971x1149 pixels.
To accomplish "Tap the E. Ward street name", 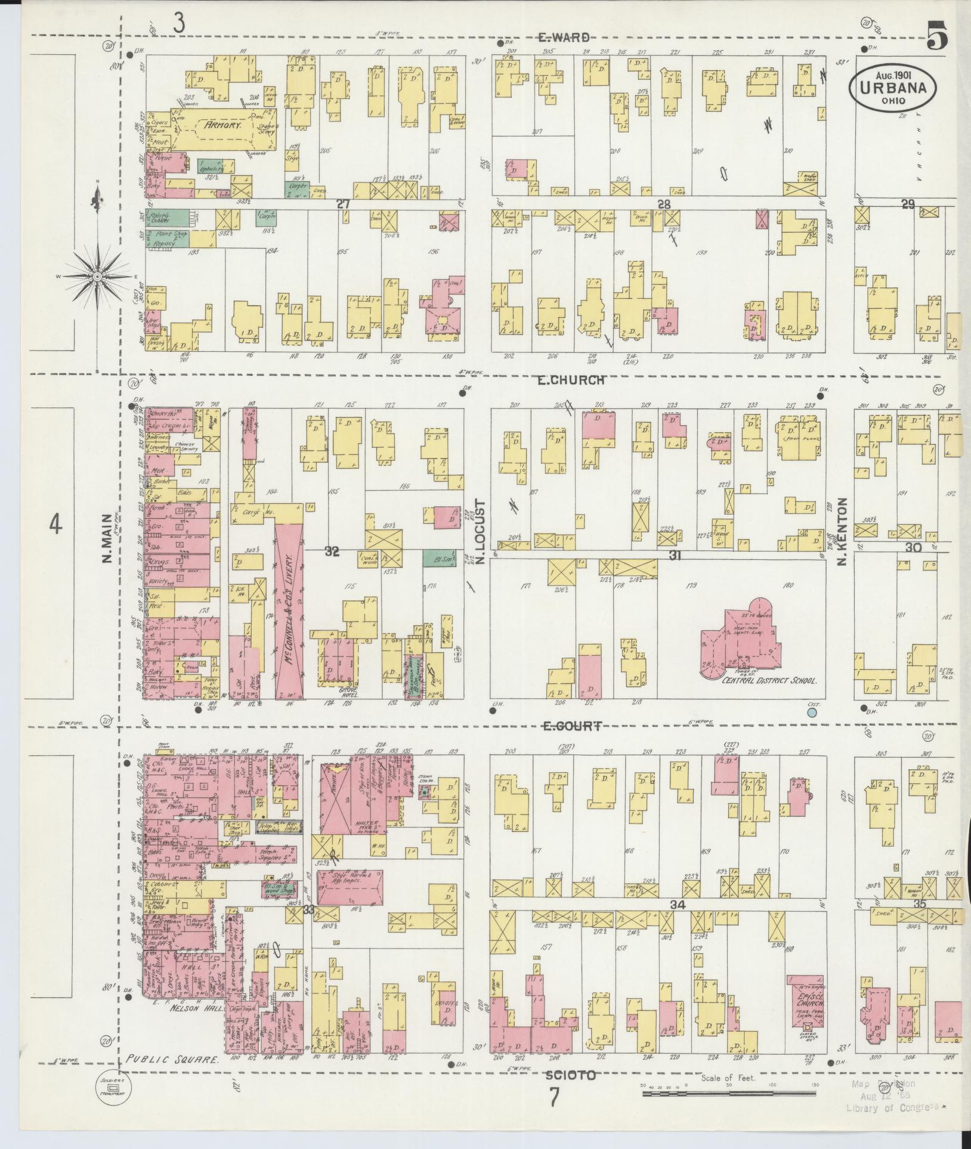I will pos(564,37).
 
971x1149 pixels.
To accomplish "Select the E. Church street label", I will pos(571,380).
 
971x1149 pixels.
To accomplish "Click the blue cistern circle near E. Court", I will pos(811,712).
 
